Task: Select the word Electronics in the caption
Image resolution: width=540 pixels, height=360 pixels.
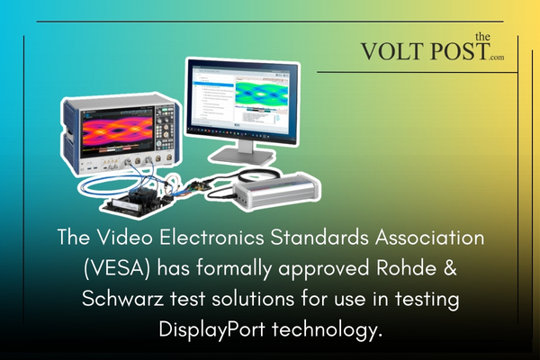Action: tap(211, 240)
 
